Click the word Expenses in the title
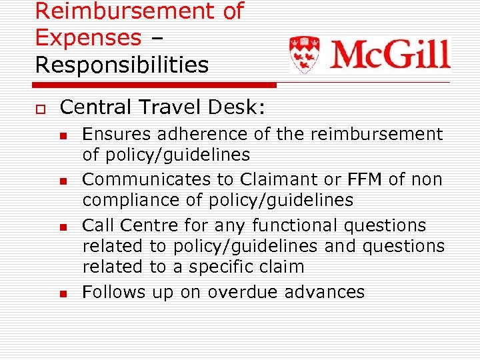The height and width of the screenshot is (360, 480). (x=88, y=37)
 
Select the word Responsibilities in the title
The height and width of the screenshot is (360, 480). (x=122, y=65)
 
